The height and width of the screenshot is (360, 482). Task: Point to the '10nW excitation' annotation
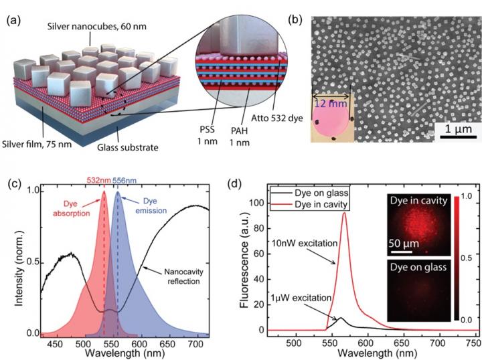pos(307,243)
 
